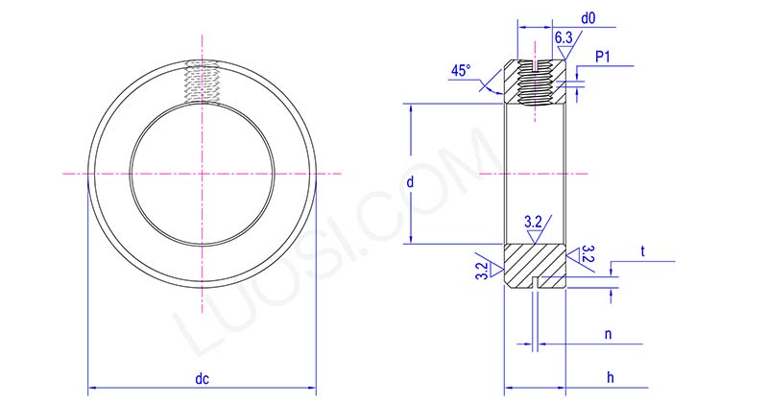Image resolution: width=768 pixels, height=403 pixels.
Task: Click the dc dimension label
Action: (203, 379)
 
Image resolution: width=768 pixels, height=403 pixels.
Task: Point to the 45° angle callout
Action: (461, 71)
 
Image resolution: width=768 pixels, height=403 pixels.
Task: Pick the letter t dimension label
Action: (642, 251)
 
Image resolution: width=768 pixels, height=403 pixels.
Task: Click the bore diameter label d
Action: (410, 181)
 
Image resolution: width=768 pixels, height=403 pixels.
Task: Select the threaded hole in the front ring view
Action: (203, 81)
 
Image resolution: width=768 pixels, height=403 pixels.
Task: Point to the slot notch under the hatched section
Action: (536, 282)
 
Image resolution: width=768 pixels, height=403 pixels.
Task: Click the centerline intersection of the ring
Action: (203, 173)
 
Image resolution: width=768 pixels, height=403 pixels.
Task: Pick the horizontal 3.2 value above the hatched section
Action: (533, 223)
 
